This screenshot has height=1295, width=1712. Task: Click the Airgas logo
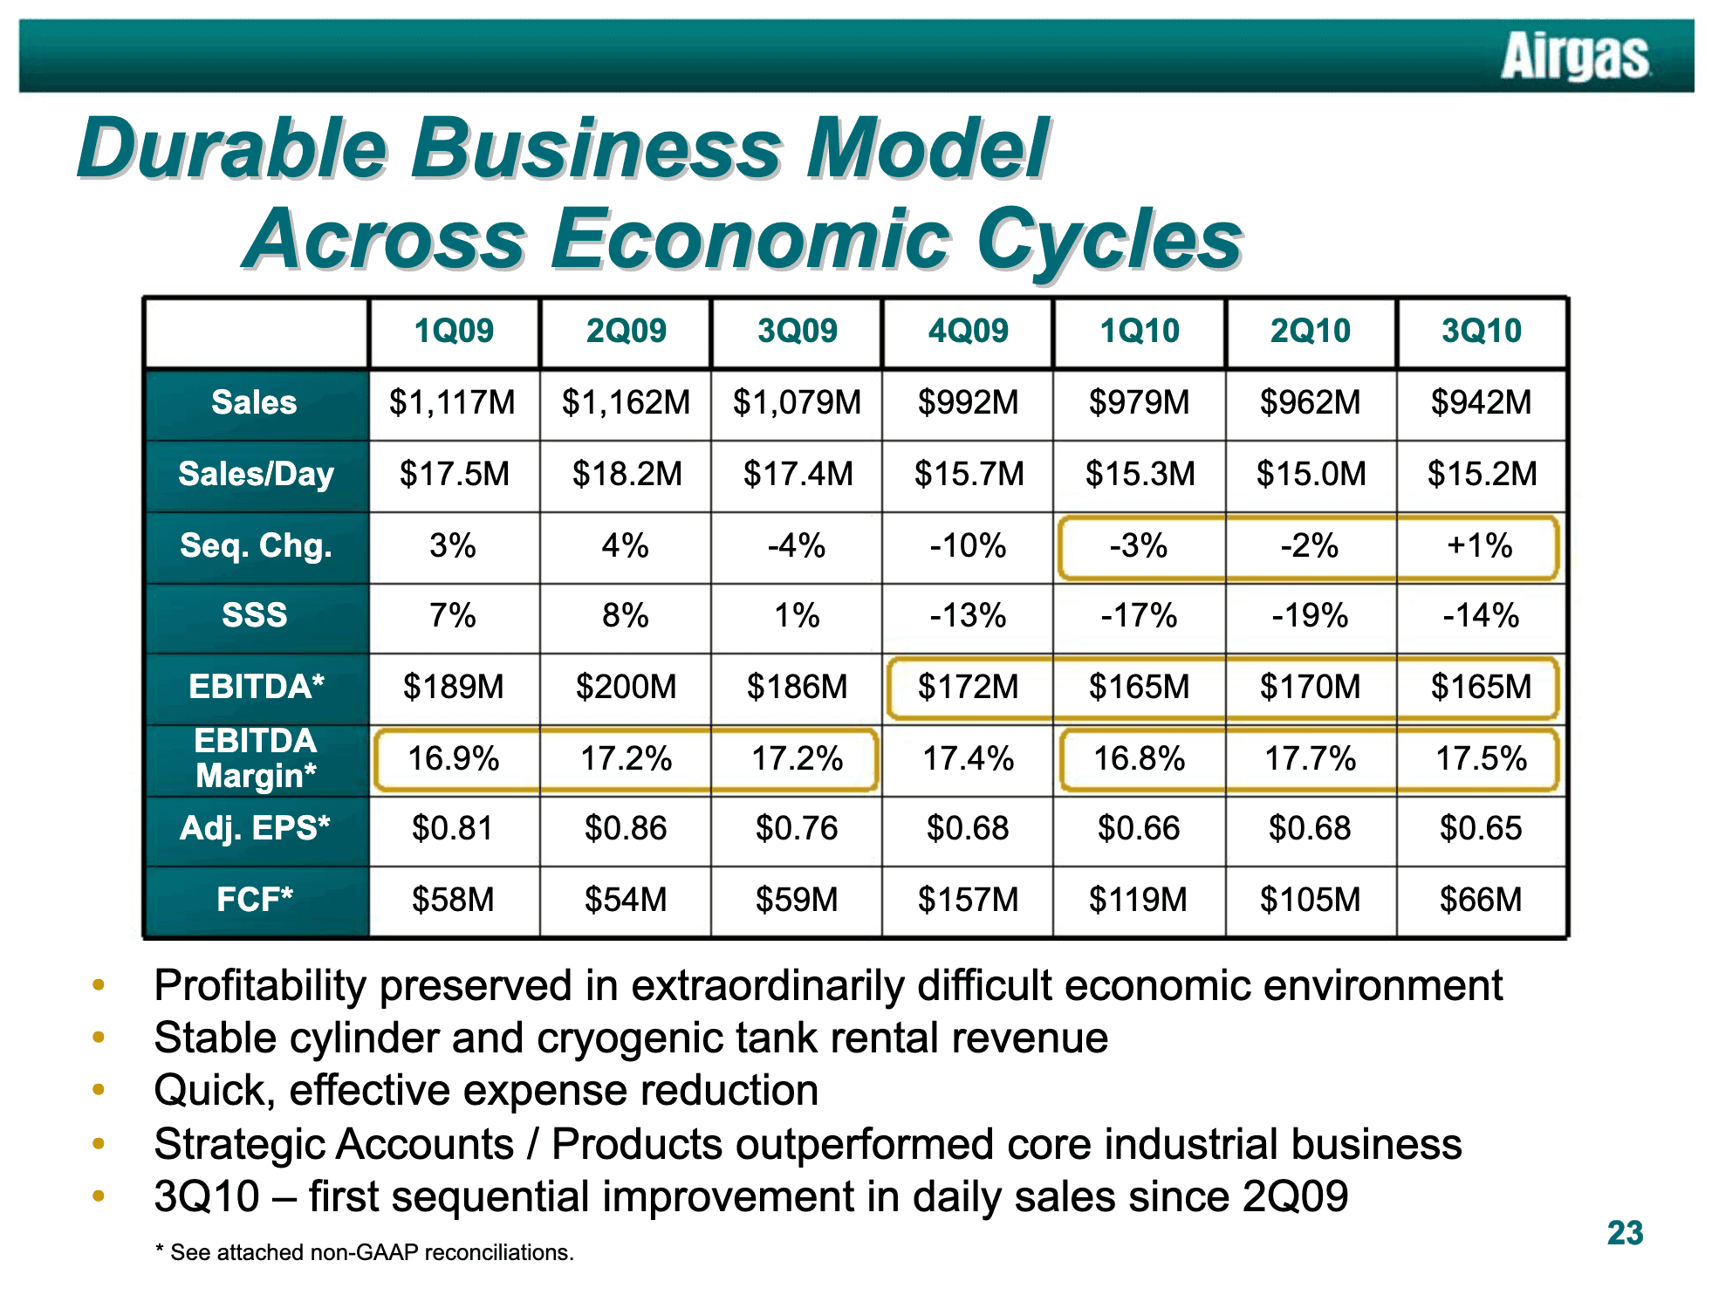[1575, 56]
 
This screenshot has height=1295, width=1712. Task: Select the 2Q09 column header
[626, 331]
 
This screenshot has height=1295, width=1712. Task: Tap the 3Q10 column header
[1481, 331]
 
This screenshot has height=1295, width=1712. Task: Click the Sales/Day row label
[256, 474]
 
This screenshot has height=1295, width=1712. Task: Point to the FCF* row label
[255, 899]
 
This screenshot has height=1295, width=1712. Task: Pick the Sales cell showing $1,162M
[626, 402]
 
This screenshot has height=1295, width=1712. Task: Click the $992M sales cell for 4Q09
[968, 402]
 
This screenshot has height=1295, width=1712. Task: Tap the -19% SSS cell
[1310, 615]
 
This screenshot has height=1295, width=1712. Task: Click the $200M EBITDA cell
[626, 687]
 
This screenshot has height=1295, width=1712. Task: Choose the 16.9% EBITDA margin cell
[454, 758]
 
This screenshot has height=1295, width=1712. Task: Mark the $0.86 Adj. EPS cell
[626, 828]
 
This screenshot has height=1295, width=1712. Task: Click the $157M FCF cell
[968, 900]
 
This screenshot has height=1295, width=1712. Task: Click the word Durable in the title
[233, 148]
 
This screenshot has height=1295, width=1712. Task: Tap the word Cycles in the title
[1109, 239]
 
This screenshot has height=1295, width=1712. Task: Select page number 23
[1625, 1233]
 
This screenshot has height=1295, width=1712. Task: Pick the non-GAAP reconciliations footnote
[365, 1252]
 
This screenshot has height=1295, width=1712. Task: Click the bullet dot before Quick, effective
[99, 1090]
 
